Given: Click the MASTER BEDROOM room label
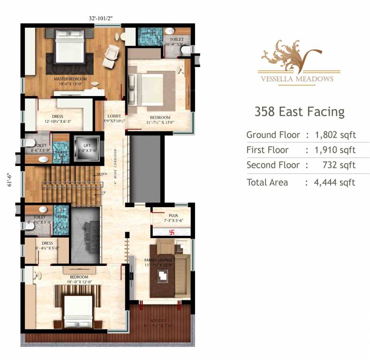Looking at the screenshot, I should pos(70,79).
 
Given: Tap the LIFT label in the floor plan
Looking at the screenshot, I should pos(87,145).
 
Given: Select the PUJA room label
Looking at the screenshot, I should pos(167,215).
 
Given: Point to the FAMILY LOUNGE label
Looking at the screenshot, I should pos(159,260).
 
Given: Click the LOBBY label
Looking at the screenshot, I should pos(114,116).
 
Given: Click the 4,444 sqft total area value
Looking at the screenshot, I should pos(335,182).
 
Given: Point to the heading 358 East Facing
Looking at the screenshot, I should pos(299,112).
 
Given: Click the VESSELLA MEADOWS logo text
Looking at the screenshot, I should pos(297,79).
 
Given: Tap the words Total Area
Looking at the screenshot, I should pos(267,182).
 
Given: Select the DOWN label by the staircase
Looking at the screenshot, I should pos(101,174).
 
